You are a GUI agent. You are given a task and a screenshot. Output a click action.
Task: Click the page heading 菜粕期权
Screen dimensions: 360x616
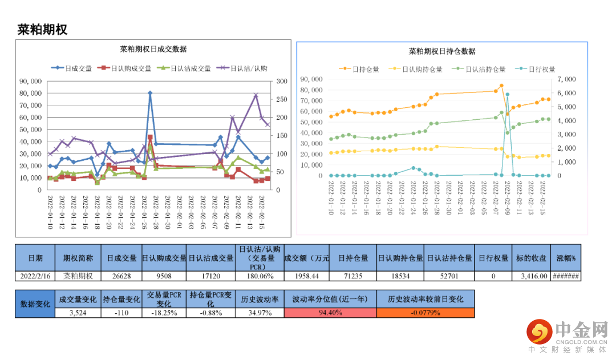pyautogui.click(x=42, y=30)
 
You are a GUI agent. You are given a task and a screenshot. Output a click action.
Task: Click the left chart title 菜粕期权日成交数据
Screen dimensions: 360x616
pyautogui.click(x=154, y=49)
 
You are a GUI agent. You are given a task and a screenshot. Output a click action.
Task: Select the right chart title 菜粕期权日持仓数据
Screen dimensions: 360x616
pyautogui.click(x=442, y=51)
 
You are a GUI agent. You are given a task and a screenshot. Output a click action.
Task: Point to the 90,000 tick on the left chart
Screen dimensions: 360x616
pyautogui.click(x=31, y=81)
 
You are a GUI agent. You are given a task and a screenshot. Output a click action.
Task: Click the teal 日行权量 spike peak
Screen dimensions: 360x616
pyautogui.click(x=507, y=94)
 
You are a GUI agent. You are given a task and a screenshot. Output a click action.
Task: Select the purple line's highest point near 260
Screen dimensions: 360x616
pyautogui.click(x=256, y=95)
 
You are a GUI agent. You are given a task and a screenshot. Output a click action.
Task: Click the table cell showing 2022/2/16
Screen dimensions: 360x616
pyautogui.click(x=35, y=276)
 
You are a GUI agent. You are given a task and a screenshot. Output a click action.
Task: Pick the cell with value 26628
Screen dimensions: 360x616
pyautogui.click(x=121, y=276)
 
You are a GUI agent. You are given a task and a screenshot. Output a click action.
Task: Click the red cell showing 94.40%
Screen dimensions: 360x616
pyautogui.click(x=329, y=313)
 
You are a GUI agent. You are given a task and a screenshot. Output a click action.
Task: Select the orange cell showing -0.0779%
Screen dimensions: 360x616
pyautogui.click(x=425, y=313)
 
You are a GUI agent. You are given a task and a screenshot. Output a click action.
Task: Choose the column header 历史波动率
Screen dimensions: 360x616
pyautogui.click(x=259, y=299)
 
